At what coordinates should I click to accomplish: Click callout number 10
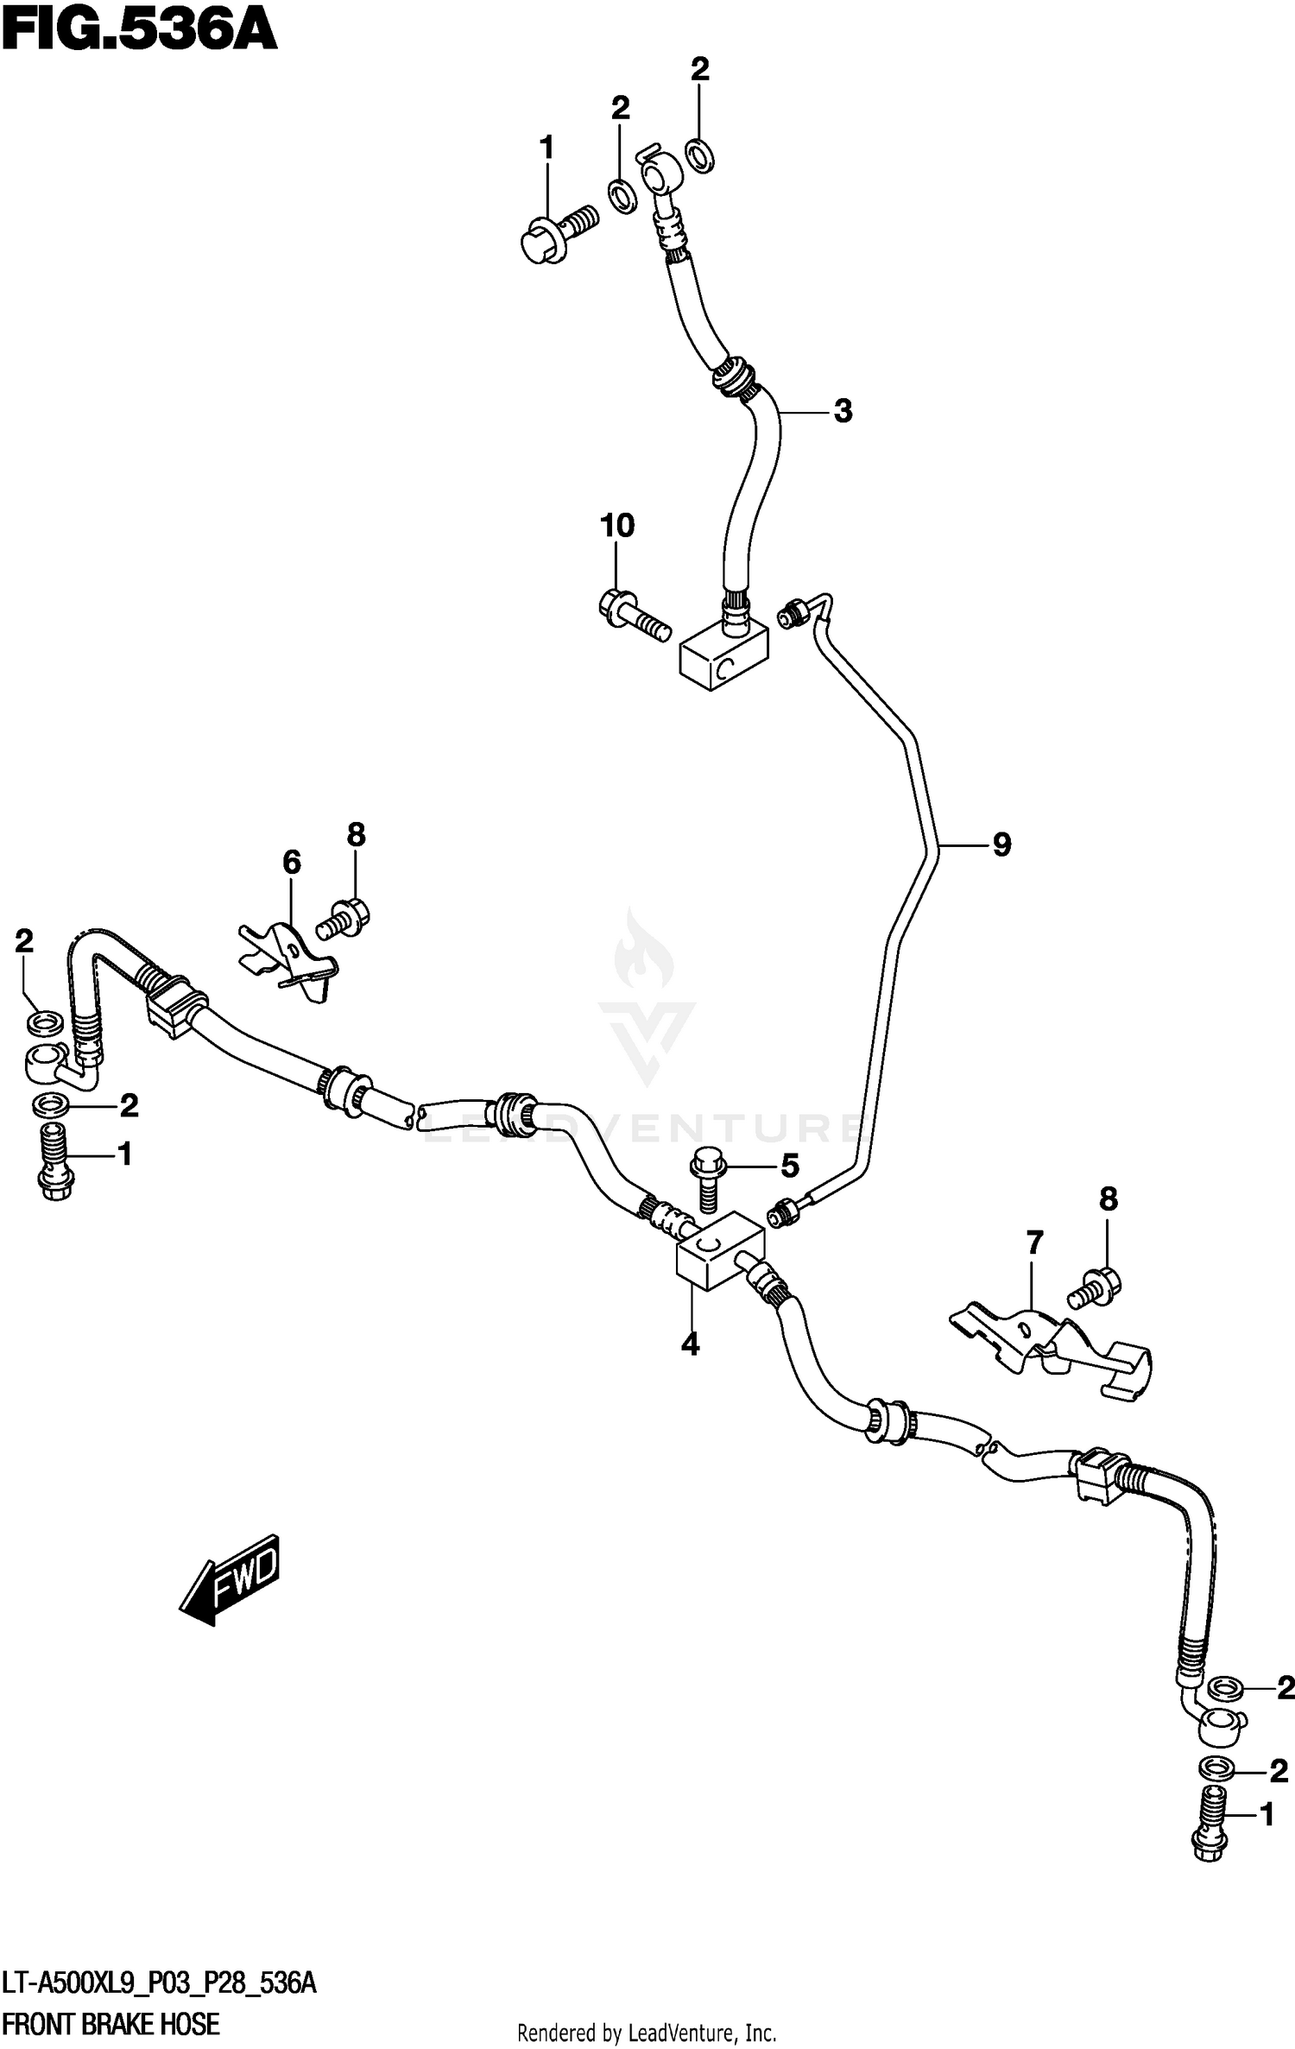617,525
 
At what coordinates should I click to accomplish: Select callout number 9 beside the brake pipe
1001,844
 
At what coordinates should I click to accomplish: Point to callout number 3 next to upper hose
843,411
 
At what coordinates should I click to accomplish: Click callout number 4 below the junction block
690,1344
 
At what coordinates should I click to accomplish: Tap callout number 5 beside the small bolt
790,1167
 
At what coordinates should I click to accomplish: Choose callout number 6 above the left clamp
292,862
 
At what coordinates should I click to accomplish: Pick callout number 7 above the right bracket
1034,1243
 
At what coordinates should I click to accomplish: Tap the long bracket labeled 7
1049,1352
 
